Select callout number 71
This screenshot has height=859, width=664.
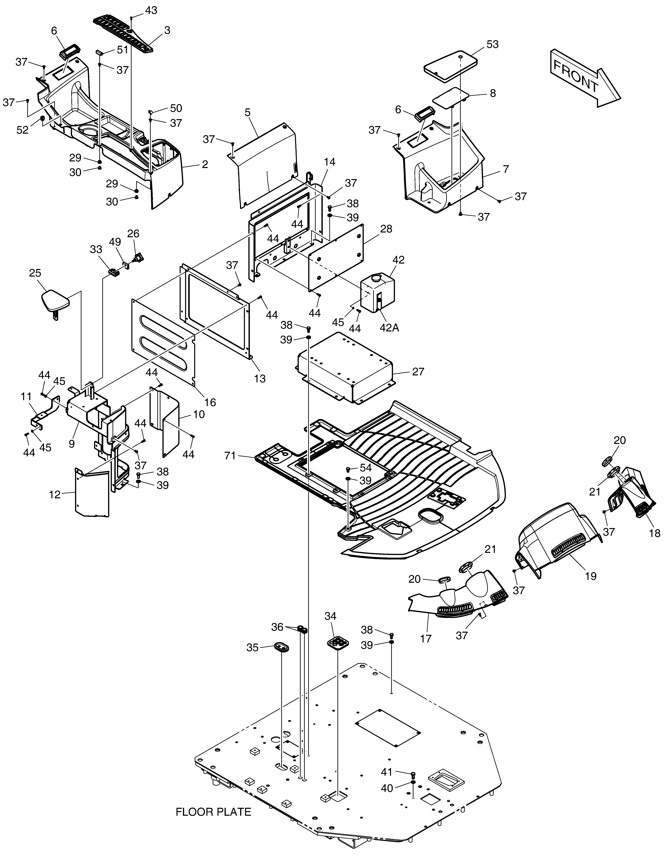230,456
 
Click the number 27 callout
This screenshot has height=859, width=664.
418,371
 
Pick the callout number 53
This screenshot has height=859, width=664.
492,44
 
